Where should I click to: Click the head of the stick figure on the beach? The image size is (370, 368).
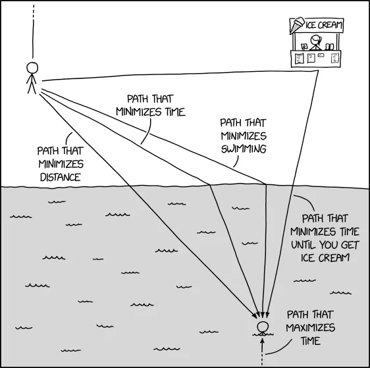[x=32, y=67]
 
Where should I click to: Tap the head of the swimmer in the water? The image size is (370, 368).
[x=263, y=327]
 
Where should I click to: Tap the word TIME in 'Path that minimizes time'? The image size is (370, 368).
[x=171, y=111]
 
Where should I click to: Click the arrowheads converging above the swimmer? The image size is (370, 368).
[x=263, y=315]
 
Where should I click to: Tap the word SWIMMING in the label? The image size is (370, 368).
[x=243, y=149]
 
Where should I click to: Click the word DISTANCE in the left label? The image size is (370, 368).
[x=59, y=177]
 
